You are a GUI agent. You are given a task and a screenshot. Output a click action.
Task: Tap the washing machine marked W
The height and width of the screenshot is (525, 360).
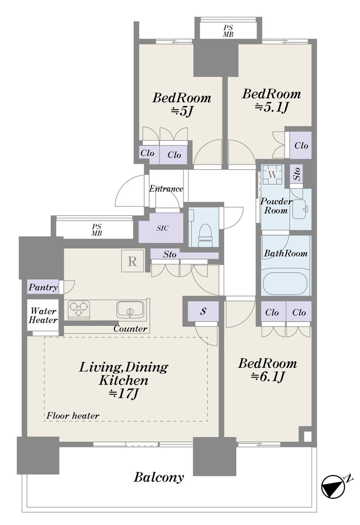(x=273, y=175)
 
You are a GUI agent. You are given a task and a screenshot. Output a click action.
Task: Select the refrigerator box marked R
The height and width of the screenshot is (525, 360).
(x=132, y=261)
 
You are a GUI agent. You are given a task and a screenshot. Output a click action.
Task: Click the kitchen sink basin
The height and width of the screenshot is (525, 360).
(x=130, y=309)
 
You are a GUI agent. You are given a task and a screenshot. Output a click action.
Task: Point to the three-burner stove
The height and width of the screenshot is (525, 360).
(x=79, y=309)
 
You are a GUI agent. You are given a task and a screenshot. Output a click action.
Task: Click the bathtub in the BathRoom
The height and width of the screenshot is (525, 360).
(x=285, y=283)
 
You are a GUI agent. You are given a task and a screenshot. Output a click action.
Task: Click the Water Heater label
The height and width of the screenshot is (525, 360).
(x=43, y=316)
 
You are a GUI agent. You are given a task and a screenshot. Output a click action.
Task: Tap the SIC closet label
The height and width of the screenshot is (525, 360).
(x=162, y=228)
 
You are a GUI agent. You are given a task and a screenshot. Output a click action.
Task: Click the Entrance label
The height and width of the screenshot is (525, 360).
(x=166, y=189)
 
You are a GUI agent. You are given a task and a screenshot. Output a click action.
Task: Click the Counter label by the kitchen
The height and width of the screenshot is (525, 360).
(x=130, y=329)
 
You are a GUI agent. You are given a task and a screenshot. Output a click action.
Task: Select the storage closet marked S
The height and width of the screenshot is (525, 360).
(x=203, y=311)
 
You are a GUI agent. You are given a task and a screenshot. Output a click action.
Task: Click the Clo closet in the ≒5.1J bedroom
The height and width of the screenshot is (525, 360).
(x=301, y=145)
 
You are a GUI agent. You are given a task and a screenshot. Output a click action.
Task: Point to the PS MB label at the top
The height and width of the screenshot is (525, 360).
(x=228, y=31)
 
